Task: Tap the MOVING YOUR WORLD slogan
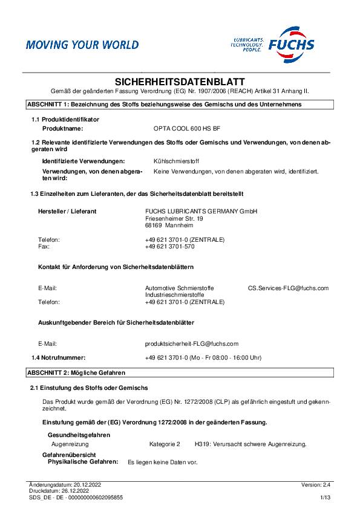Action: coord(82,45)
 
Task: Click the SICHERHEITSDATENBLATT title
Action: coord(180,82)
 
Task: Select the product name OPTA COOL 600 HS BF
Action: coord(186,129)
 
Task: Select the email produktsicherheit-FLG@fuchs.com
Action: coord(192,343)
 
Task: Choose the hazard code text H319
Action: coord(202,444)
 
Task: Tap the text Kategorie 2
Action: coord(165,444)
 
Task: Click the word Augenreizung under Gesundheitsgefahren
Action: coord(70,444)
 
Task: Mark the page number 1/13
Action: coord(326,498)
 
